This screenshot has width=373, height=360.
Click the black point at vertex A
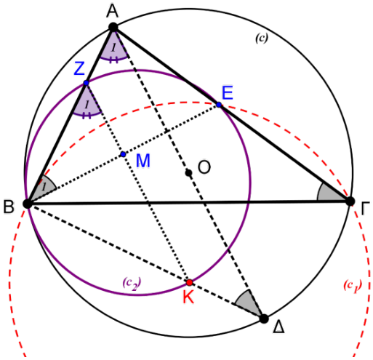tap(113, 27)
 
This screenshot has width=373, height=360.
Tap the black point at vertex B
tap(28, 204)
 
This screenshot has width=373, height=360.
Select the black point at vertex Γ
tap(350, 201)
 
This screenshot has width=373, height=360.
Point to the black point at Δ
tap(264, 319)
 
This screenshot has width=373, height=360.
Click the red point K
tap(190, 282)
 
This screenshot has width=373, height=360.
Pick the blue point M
tap(123, 154)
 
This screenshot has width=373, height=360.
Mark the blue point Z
tap(86, 83)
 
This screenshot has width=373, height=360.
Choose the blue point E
tap(219, 105)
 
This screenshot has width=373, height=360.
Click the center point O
tap(189, 173)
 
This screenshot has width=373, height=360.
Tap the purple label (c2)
tap(132, 284)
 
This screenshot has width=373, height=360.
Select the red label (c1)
tap(353, 286)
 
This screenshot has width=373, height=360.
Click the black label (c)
tap(262, 38)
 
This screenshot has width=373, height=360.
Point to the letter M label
tap(143, 161)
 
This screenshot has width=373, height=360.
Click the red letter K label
tap(188, 297)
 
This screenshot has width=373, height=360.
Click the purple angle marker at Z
tap(87, 103)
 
